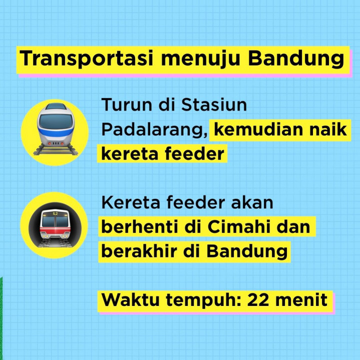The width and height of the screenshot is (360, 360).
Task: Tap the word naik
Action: tap(328, 129)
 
